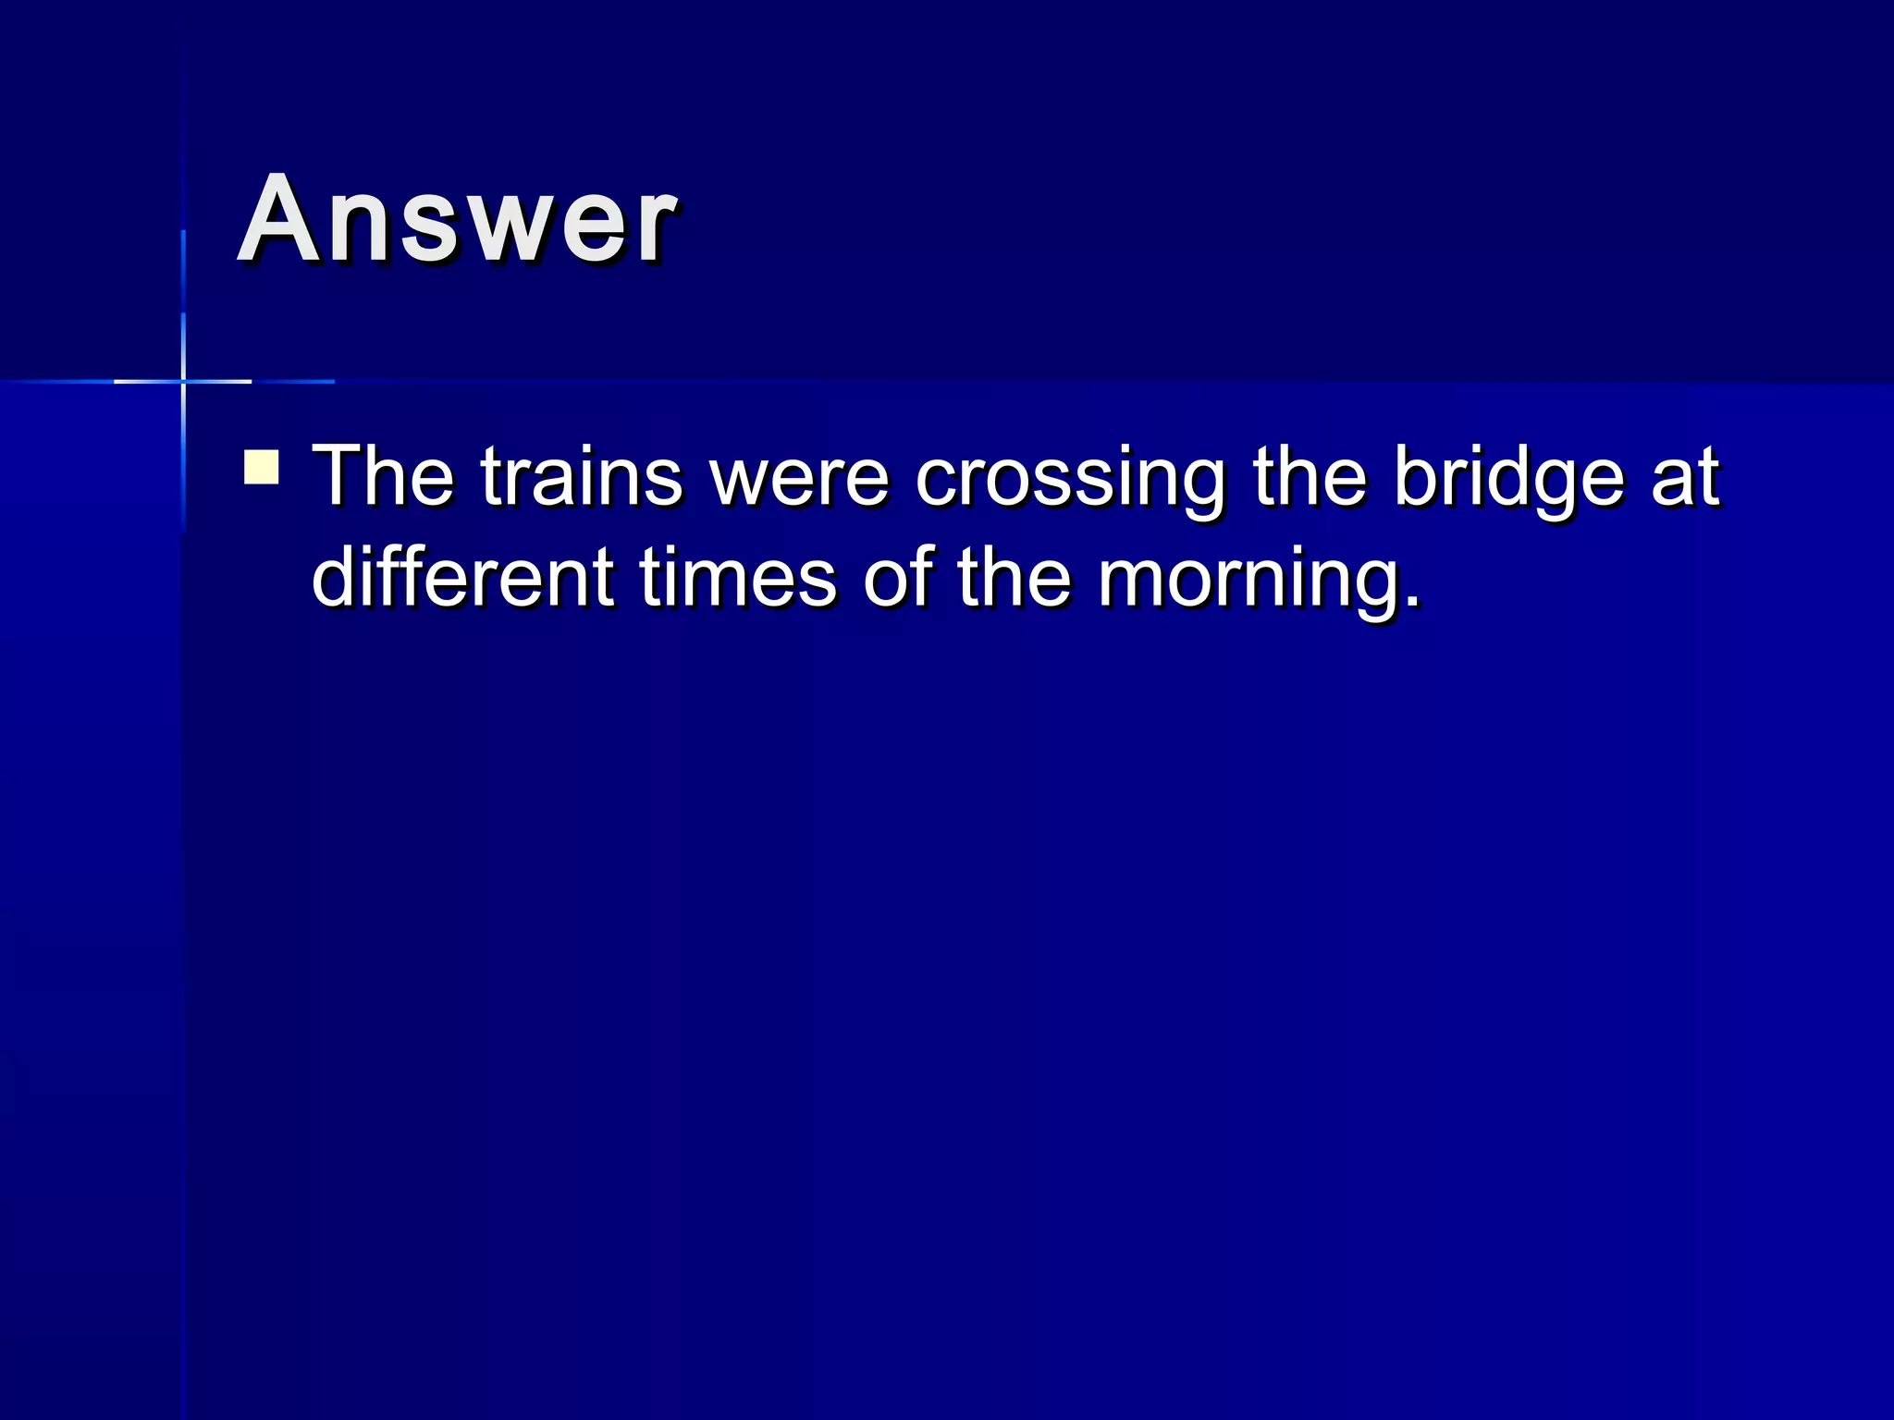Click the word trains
point(582,477)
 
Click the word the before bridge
point(1309,477)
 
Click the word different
point(462,577)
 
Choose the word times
point(738,577)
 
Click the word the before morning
point(1014,577)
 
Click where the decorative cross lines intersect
point(183,381)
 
